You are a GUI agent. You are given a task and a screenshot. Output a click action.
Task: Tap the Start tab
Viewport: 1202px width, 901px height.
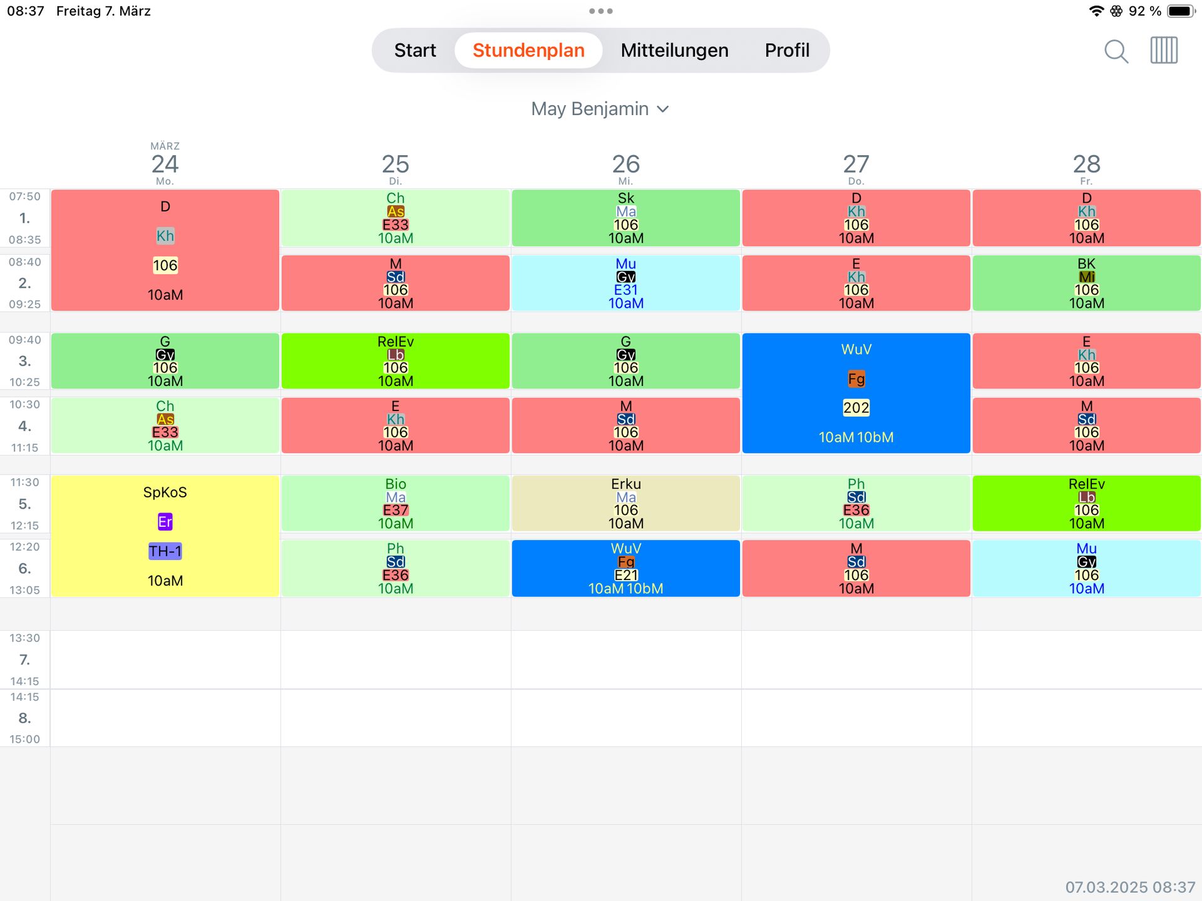coord(415,50)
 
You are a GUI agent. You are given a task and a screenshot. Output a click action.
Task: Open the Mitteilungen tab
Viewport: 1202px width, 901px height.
coord(674,50)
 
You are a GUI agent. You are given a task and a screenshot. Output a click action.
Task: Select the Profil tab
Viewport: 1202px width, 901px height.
coord(787,50)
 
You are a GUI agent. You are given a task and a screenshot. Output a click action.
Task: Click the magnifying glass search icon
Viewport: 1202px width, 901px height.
coord(1116,51)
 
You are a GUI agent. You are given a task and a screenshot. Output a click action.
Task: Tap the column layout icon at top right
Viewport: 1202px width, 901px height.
coord(1164,50)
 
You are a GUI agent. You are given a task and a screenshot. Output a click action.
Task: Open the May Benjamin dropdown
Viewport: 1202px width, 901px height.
coord(600,109)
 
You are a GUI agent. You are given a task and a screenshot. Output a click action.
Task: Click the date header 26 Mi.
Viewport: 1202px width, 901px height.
coord(625,168)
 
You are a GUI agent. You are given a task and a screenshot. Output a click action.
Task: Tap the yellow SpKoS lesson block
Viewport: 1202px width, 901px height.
coord(165,492)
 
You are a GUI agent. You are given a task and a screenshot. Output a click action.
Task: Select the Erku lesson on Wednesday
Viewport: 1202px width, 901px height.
coord(625,503)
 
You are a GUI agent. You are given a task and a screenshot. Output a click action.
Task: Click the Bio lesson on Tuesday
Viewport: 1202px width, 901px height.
coord(395,503)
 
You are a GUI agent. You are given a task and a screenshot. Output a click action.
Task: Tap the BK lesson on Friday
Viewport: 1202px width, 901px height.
coord(1086,283)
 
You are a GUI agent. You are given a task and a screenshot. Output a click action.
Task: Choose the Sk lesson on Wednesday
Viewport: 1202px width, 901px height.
coord(625,217)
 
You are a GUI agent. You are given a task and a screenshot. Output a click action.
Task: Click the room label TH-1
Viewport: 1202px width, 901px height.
coord(165,551)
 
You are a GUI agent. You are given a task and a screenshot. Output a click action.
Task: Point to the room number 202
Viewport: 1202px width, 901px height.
coord(856,408)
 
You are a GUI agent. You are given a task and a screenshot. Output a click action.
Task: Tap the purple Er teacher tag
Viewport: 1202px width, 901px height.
coord(165,522)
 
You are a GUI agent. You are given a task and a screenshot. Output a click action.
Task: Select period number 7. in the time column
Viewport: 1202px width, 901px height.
coord(24,659)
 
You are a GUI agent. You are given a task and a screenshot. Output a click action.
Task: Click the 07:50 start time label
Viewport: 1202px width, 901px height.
coord(24,196)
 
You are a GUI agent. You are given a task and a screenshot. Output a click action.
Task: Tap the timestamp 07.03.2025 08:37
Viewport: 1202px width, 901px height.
coord(1130,887)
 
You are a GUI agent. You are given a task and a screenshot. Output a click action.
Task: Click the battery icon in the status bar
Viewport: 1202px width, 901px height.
coord(1181,11)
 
